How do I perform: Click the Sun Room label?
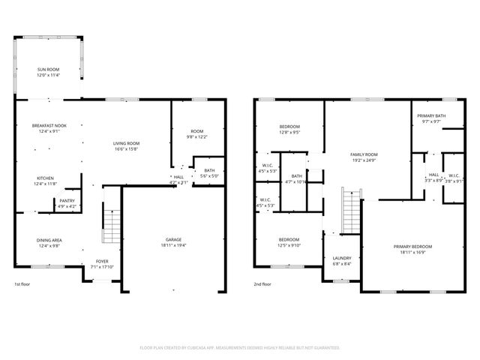tap(49, 69)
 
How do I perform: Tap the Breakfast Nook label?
tap(49, 125)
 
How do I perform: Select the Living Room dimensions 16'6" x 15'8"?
tap(127, 149)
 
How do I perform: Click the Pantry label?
tap(67, 200)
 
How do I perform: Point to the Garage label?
tap(173, 240)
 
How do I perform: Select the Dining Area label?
tap(49, 240)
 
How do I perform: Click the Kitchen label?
tap(45, 178)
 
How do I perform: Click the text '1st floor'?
tap(22, 285)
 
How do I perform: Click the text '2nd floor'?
tap(262, 285)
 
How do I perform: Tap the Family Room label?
tap(364, 154)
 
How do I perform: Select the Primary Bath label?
tap(432, 115)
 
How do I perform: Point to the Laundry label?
tap(341, 258)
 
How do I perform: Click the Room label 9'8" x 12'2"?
tap(196, 130)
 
